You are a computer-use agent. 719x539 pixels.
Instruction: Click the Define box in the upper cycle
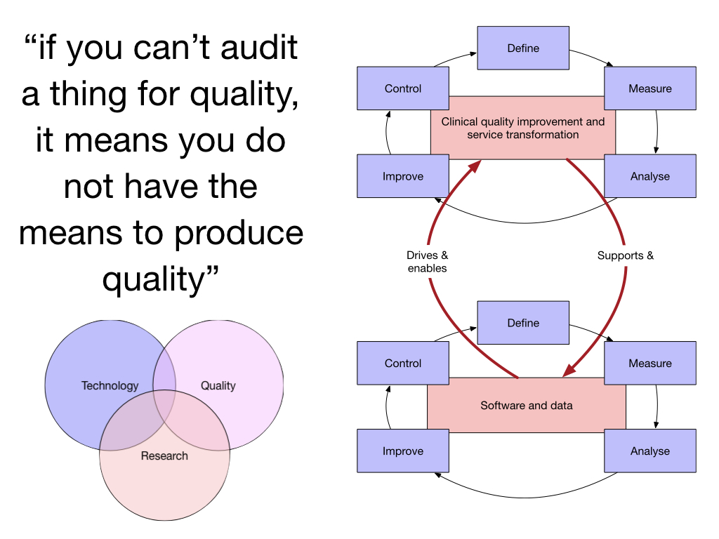523,48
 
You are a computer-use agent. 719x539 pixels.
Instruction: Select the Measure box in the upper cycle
649,88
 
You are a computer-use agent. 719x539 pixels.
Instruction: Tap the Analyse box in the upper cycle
649,176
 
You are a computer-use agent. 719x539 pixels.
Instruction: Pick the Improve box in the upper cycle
402,176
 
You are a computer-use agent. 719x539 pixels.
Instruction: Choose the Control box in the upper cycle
402,88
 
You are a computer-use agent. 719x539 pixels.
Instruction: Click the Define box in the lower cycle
523,323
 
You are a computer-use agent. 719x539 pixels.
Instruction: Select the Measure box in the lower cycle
649,364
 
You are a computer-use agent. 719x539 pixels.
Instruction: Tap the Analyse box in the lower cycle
649,451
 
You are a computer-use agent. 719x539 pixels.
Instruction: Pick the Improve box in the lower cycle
402,451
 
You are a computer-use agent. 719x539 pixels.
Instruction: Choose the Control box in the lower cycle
402,364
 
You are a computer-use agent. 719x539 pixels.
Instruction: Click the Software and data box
526,405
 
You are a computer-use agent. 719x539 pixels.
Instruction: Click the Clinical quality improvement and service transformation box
522,128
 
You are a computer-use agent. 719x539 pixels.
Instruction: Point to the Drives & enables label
427,262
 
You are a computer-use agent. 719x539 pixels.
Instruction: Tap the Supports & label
625,255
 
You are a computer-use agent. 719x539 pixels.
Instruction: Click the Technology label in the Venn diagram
110,385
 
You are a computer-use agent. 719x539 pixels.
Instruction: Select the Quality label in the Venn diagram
218,385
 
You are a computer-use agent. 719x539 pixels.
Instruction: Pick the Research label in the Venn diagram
164,455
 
